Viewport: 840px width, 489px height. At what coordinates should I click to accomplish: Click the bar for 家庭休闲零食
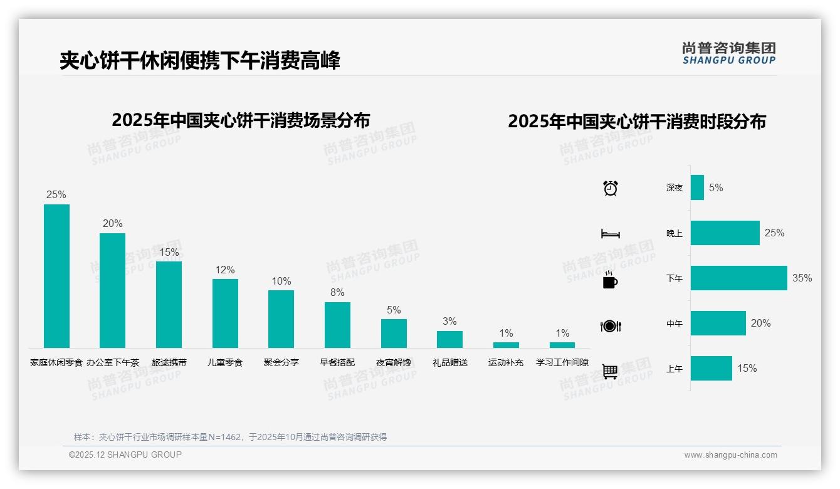tap(56, 276)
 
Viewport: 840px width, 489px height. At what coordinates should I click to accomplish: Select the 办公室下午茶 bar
tap(113, 290)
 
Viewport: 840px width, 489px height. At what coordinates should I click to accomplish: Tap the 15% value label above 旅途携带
tap(169, 252)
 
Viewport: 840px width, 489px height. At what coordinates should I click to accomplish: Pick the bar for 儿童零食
tap(225, 313)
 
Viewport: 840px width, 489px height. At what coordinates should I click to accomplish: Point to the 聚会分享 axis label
tap(281, 362)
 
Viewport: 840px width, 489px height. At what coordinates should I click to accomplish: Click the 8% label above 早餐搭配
tap(337, 292)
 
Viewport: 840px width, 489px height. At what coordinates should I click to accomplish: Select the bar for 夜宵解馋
tap(394, 334)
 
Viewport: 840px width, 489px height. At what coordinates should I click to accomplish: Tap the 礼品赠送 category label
tap(450, 362)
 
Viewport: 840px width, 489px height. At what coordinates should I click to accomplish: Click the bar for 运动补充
tap(506, 345)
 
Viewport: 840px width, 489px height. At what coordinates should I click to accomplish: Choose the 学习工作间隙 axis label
tap(562, 362)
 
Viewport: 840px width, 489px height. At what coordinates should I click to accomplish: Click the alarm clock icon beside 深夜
tap(611, 187)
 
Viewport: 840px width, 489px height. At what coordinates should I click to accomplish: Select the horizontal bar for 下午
tap(738, 278)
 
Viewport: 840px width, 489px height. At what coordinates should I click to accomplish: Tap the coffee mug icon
tap(610, 280)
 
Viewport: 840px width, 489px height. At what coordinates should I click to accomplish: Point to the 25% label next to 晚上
tap(774, 233)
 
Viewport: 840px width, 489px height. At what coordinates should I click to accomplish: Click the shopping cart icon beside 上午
tap(610, 371)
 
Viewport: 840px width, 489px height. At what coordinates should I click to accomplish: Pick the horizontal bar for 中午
tap(718, 323)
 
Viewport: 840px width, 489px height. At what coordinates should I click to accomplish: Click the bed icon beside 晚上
tap(611, 234)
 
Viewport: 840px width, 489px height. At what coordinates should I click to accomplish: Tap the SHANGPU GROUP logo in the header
tap(729, 53)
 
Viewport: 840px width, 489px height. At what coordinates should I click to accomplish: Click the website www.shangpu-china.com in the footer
tap(730, 455)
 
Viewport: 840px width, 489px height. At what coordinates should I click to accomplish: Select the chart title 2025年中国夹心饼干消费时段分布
tap(637, 122)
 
